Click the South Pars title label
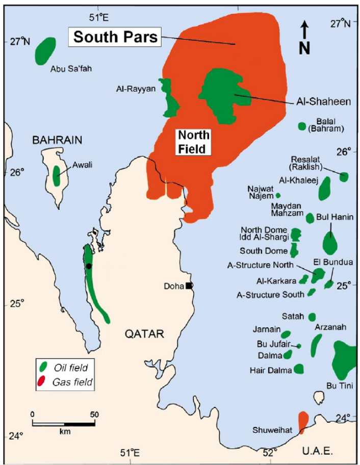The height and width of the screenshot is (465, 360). (115, 37)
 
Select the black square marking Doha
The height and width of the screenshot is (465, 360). (189, 286)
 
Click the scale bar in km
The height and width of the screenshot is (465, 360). (63, 423)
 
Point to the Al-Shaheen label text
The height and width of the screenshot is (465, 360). (323, 101)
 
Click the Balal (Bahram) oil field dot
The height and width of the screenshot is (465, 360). (301, 126)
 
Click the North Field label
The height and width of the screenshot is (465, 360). (192, 142)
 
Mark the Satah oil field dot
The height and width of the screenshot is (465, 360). (312, 317)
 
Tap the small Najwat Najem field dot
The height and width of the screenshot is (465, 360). (278, 195)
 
